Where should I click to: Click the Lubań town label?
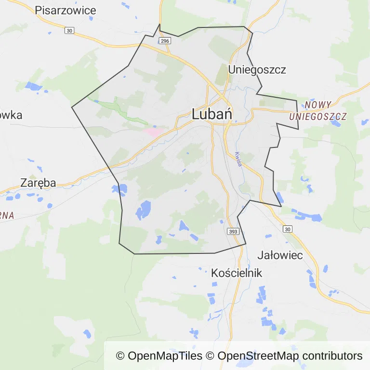(x=212, y=114)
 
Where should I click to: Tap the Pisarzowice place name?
(x=66, y=10)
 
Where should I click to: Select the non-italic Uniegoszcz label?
(x=257, y=69)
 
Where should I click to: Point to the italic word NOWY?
(x=318, y=105)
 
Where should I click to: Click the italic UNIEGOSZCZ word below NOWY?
(x=318, y=117)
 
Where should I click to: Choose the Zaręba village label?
(x=38, y=183)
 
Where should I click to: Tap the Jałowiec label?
(x=280, y=255)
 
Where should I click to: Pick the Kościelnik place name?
(x=237, y=273)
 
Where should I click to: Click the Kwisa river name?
(x=238, y=159)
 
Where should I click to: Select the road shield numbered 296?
(x=165, y=41)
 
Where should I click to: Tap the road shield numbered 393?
(x=233, y=232)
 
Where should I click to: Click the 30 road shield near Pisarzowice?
(x=70, y=31)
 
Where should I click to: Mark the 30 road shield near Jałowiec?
(x=288, y=229)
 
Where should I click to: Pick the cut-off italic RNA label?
(x=6, y=215)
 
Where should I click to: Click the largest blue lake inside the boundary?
(x=144, y=210)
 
